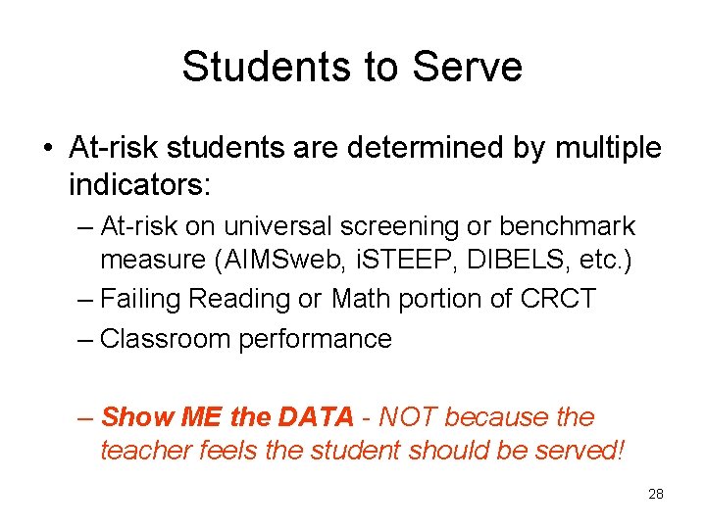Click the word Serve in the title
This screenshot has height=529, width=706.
click(468, 68)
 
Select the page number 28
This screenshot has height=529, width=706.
click(656, 494)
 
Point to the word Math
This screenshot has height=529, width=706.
click(363, 298)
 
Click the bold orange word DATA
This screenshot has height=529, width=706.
click(315, 417)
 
